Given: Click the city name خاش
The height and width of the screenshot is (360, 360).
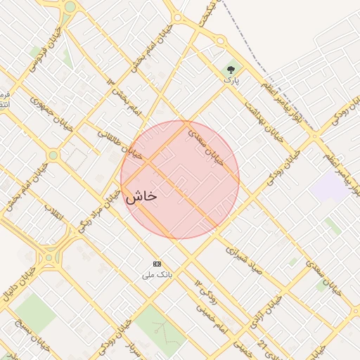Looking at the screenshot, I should tap(141, 198).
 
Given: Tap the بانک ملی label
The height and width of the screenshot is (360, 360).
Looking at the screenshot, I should tap(157, 274).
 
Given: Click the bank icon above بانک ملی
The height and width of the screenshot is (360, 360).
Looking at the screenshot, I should tap(156, 263).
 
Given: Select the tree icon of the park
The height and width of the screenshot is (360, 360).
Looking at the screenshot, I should tap(231, 70).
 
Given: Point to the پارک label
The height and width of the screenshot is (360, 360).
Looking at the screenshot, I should tap(231, 81).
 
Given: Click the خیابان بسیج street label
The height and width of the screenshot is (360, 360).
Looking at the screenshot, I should tap(15, 338).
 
